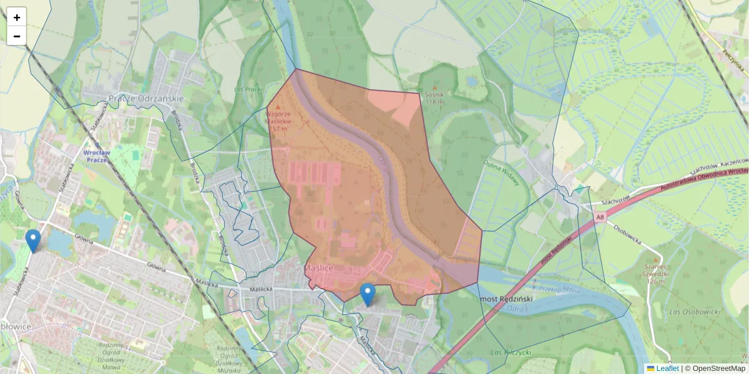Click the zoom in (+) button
(17, 17)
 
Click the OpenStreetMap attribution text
(718, 368)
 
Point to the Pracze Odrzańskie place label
(146, 98)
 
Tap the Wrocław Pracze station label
(97, 156)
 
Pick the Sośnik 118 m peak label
(434, 98)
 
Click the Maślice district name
(319, 268)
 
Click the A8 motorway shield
(600, 217)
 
